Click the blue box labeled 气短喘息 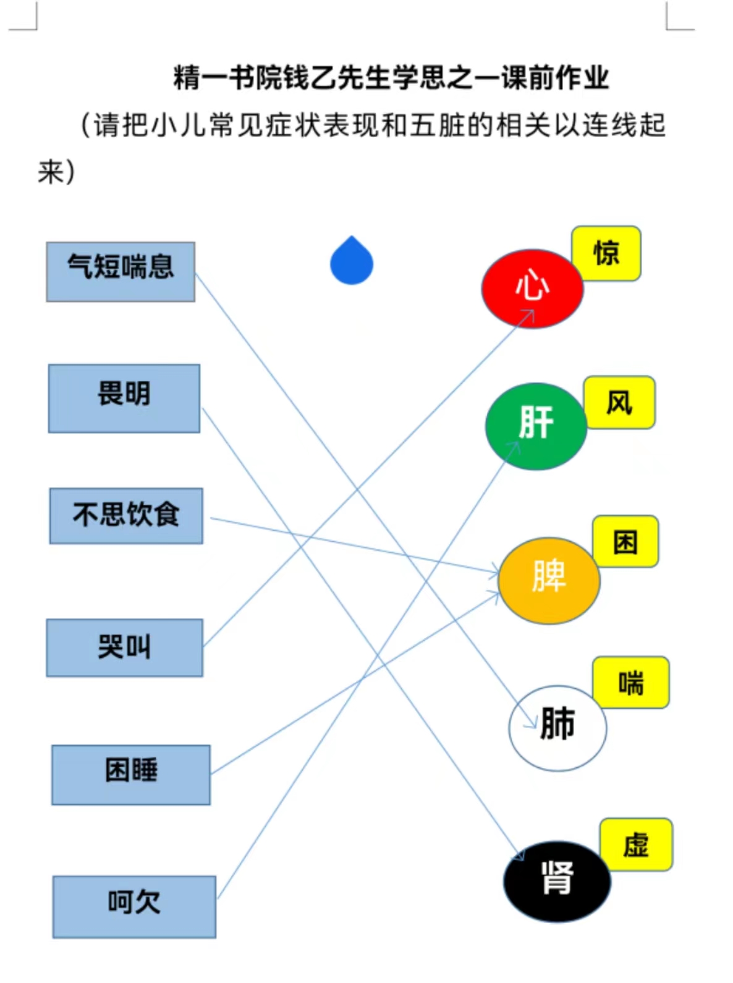(x=121, y=271)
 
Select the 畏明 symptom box (x=124, y=398)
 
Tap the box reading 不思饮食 (x=126, y=516)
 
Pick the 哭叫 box (x=124, y=648)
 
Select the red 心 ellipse (x=532, y=289)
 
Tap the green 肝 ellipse (x=536, y=426)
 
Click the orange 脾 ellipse (x=549, y=581)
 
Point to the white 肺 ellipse (x=557, y=728)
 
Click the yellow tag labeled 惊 (x=606, y=253)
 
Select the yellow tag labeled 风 (x=620, y=402)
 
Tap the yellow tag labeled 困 (x=625, y=541)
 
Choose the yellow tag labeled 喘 (x=631, y=683)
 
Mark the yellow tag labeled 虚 (x=636, y=845)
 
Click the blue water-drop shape (x=352, y=260)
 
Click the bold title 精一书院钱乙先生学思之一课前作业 (x=391, y=78)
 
